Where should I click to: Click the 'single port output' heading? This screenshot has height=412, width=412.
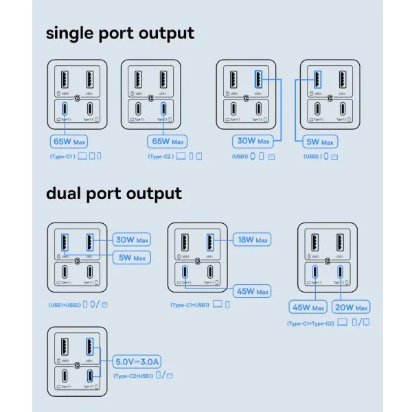[120, 32]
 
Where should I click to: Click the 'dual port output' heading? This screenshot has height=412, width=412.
[114, 194]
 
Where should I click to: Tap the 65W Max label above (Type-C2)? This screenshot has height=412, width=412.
[168, 142]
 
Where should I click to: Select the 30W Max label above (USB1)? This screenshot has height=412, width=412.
[253, 142]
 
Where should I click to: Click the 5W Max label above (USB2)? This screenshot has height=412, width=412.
[319, 142]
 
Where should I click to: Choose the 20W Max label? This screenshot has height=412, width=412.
[351, 307]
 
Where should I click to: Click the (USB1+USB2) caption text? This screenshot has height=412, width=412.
[65, 304]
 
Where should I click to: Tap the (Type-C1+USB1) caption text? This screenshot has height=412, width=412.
[190, 304]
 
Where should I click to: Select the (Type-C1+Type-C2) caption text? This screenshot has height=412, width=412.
[310, 322]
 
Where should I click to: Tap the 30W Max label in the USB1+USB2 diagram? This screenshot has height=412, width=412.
[132, 240]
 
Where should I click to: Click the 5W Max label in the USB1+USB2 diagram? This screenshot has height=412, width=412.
[132, 257]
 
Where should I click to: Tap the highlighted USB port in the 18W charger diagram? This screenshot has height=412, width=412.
[210, 242]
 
